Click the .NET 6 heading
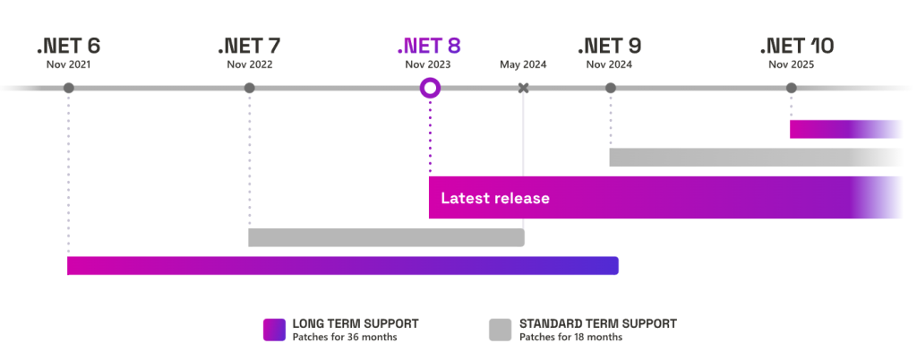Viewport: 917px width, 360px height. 69,46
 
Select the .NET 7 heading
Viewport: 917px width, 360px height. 249,46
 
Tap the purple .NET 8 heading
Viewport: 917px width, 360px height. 429,46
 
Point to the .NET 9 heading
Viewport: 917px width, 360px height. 610,46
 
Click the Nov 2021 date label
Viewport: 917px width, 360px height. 69,64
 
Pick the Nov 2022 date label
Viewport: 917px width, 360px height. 250,64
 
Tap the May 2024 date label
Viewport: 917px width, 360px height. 523,64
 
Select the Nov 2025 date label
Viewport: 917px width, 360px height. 791,64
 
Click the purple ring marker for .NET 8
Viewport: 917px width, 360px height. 430,88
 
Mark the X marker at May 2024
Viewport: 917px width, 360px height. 524,88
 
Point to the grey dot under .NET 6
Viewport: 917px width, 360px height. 69,88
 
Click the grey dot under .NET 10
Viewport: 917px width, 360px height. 791,88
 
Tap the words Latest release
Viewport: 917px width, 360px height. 495,198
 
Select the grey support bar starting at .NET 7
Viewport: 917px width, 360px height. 385,237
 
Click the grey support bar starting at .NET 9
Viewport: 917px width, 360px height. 752,158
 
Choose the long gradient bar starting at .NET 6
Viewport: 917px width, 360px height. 342,266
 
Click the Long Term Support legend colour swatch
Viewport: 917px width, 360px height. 274,330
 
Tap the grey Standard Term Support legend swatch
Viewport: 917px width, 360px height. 500,330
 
